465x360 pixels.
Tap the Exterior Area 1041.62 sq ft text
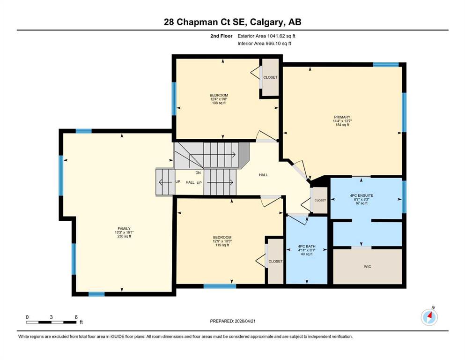[x=266, y=36]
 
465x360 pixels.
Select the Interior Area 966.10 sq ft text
[x=264, y=43]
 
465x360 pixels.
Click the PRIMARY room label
[x=342, y=117]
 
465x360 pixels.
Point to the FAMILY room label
[x=124, y=229]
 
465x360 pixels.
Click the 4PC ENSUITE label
[x=362, y=195]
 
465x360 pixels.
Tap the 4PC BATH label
[x=307, y=247]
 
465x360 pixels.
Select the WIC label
[x=368, y=267]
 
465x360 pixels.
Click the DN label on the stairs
[x=198, y=172]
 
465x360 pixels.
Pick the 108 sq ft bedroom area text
[x=219, y=103]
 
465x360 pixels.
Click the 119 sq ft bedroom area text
[x=222, y=245]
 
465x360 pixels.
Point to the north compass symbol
[x=429, y=317]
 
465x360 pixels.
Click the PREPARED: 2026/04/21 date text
[x=232, y=321]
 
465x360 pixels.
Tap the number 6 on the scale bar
[x=76, y=317]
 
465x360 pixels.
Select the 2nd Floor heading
[x=221, y=36]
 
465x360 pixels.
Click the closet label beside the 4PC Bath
[x=320, y=200]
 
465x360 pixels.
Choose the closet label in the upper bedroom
[x=271, y=77]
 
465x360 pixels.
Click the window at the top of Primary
[x=385, y=64]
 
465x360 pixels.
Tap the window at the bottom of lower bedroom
[x=220, y=286]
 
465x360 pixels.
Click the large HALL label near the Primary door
[x=263, y=175]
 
